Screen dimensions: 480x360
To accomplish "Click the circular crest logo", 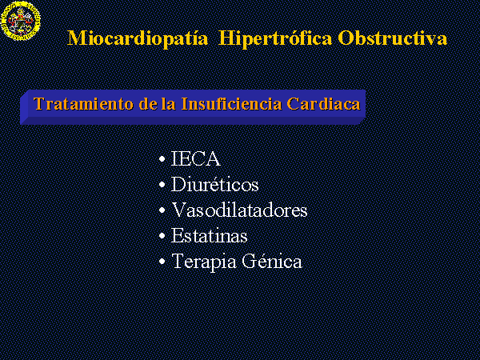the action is coord(20,21).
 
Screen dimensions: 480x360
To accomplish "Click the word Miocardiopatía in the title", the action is coord(138,38).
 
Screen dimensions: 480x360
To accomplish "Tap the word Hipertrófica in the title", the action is coord(275,38).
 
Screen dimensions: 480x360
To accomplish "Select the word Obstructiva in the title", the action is coord(393,38).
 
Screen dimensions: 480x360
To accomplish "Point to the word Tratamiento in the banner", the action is coord(83,104).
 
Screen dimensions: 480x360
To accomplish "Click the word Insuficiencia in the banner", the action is coord(231,104).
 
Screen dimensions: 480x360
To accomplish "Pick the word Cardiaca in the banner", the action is coord(323,104).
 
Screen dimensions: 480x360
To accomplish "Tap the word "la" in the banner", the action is coord(168,104).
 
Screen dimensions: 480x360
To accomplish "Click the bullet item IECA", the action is coord(195,158).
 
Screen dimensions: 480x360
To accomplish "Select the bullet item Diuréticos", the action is coord(214,184).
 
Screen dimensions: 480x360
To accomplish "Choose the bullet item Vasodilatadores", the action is coord(239,210).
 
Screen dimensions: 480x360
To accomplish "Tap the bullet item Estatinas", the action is coord(209,236).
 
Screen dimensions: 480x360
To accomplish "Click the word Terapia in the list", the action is coord(204,262).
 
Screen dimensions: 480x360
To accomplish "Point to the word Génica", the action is coord(271,261).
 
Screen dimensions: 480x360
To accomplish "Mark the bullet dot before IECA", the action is coord(162,159).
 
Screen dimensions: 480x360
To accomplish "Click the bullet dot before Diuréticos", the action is coord(162,185).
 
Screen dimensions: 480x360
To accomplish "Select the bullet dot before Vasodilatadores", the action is coord(162,210).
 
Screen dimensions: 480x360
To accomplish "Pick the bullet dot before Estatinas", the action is coord(162,236).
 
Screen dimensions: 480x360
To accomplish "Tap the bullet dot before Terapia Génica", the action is coord(162,262).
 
